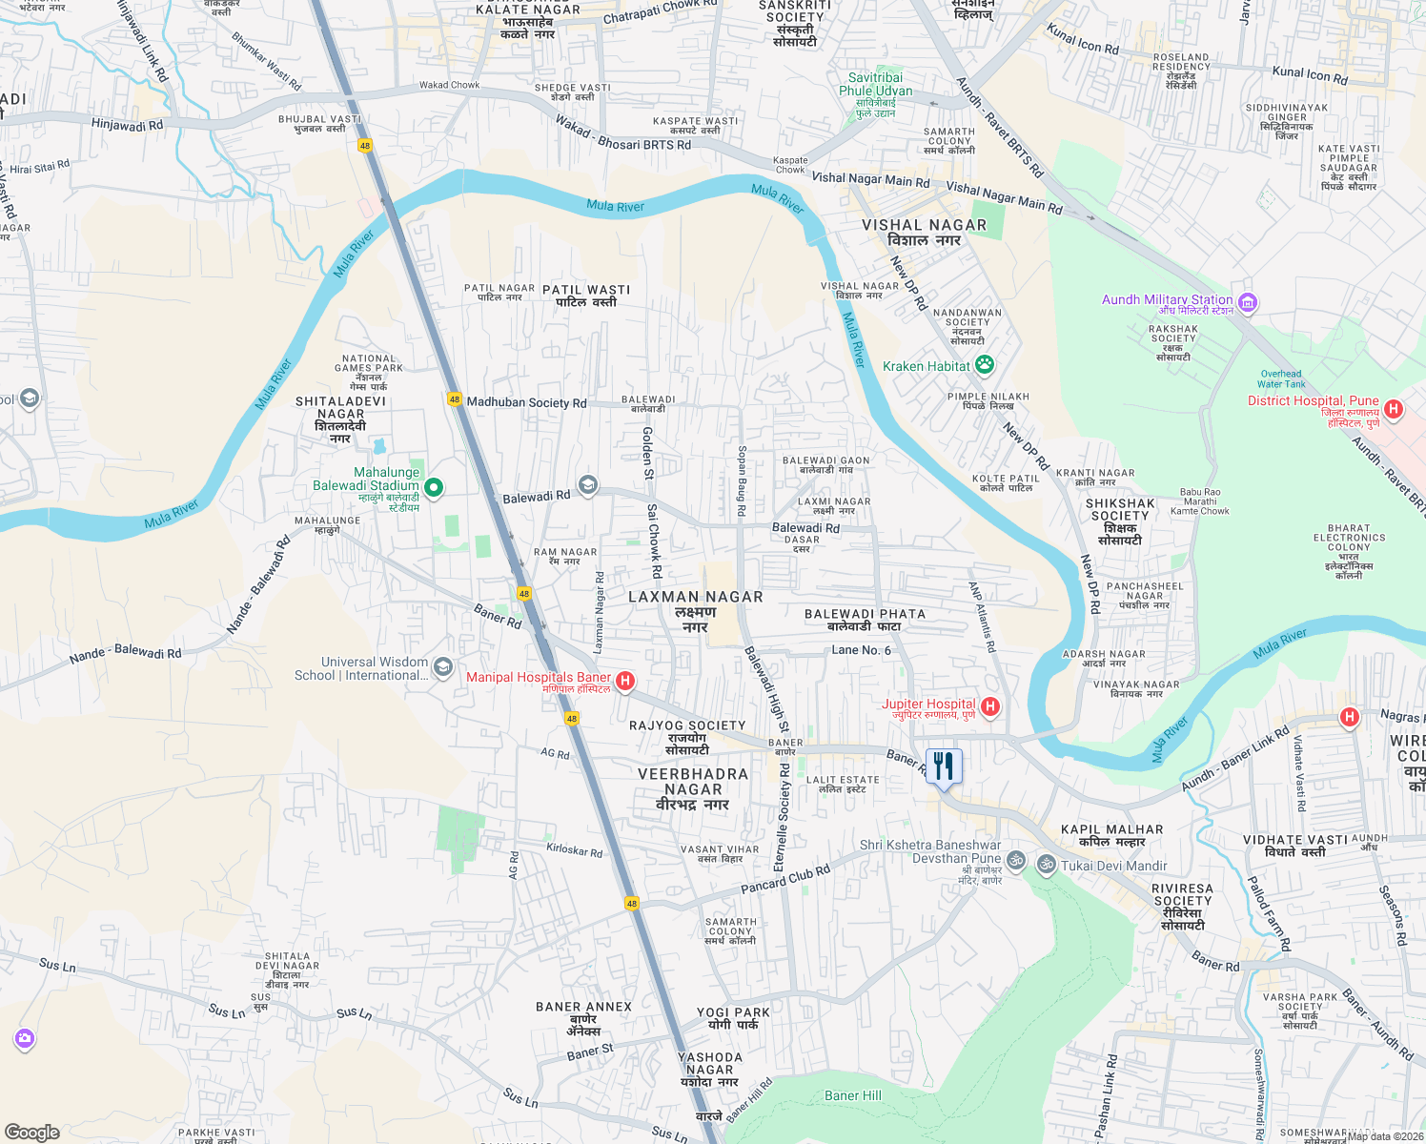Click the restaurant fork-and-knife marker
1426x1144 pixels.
point(944,766)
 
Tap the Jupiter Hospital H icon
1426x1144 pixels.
point(990,706)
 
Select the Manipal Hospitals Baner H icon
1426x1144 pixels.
point(625,680)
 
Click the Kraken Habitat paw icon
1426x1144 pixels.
point(985,364)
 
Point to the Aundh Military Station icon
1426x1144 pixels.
point(1248,303)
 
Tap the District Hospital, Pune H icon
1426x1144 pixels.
point(1394,409)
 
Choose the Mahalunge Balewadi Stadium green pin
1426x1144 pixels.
point(434,487)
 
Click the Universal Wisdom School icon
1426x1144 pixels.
point(442,667)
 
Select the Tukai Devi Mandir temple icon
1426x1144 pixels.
point(1046,865)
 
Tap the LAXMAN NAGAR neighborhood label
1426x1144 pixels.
point(696,597)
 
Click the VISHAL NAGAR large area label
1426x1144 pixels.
point(924,225)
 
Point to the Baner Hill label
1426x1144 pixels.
point(853,1095)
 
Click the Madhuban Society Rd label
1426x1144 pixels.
point(526,402)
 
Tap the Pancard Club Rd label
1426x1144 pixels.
point(785,880)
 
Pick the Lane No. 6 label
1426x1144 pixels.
point(861,650)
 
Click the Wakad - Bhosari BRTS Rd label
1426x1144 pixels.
point(623,133)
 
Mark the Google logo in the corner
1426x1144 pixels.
point(32,1132)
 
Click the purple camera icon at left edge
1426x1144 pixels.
point(25,1038)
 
